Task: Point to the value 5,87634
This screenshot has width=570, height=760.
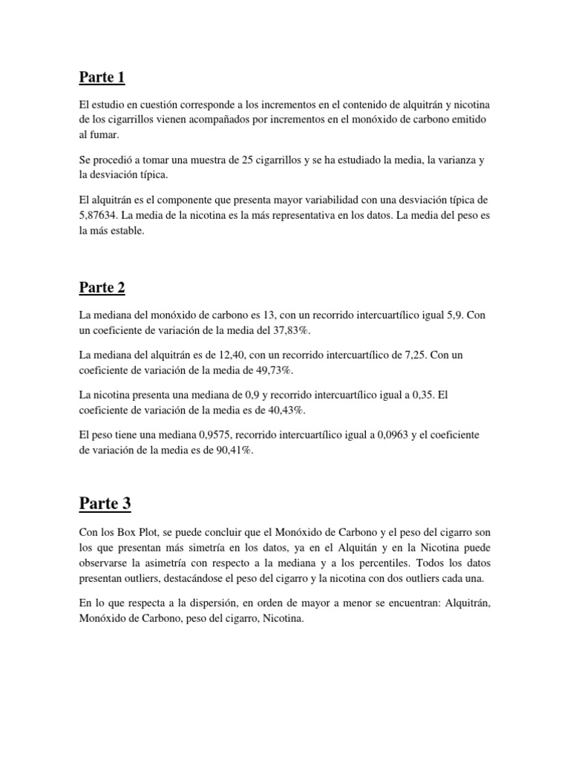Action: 102,215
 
